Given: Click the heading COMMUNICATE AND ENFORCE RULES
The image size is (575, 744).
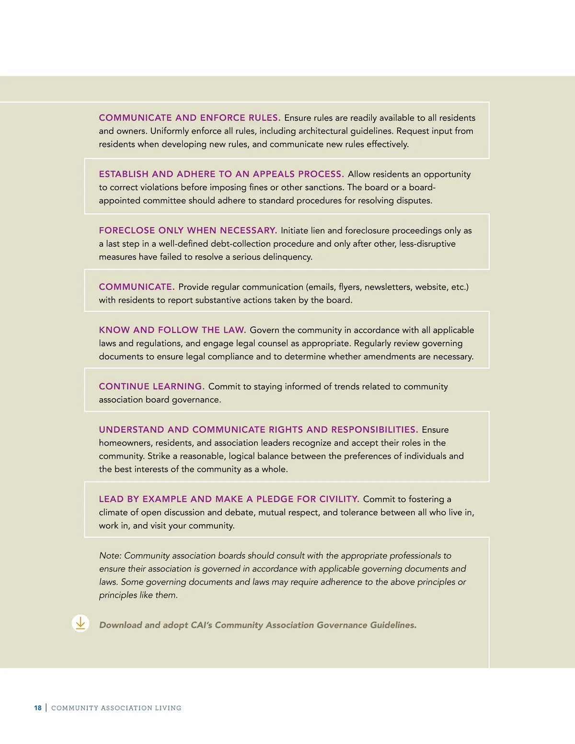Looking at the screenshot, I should click(189, 118).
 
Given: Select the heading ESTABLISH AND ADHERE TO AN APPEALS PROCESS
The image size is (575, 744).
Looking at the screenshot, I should click(221, 174).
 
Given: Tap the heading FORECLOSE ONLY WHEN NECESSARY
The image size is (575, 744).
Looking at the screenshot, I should click(188, 230).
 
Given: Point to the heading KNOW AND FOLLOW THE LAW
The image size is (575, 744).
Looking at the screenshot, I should click(172, 330).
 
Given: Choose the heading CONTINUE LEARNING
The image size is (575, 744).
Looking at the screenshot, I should click(151, 387).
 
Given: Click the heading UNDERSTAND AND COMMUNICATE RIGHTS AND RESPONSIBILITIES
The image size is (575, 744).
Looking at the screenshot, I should click(258, 430).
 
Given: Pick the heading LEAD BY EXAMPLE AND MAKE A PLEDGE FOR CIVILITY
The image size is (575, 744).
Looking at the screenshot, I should click(229, 499).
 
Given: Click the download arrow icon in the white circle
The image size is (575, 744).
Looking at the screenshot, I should click(80, 623).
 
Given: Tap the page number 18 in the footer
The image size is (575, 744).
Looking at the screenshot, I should click(38, 708).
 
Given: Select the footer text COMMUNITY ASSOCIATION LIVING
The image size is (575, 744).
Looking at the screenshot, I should click(116, 708).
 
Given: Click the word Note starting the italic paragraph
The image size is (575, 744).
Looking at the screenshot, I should click(110, 556).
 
